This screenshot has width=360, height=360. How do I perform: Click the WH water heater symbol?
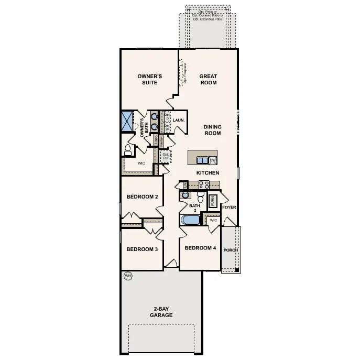point(127,275)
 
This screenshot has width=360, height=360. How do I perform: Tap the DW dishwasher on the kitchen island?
point(213,160)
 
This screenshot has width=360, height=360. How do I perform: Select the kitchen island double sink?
point(202,160)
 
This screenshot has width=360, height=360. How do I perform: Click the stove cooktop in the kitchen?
point(204,184)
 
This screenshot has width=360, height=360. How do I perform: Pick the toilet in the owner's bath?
point(127,150)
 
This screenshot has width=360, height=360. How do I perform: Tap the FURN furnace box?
point(213,200)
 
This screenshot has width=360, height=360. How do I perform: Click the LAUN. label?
point(178,120)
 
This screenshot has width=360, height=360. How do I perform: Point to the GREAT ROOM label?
point(208,79)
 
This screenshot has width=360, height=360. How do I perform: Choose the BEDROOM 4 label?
point(200,248)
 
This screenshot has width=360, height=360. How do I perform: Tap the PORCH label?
point(231,250)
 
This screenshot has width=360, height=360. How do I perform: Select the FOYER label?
point(229,208)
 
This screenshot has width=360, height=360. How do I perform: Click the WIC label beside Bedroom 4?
point(213,221)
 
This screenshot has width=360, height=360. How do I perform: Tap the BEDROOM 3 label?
point(142,249)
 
